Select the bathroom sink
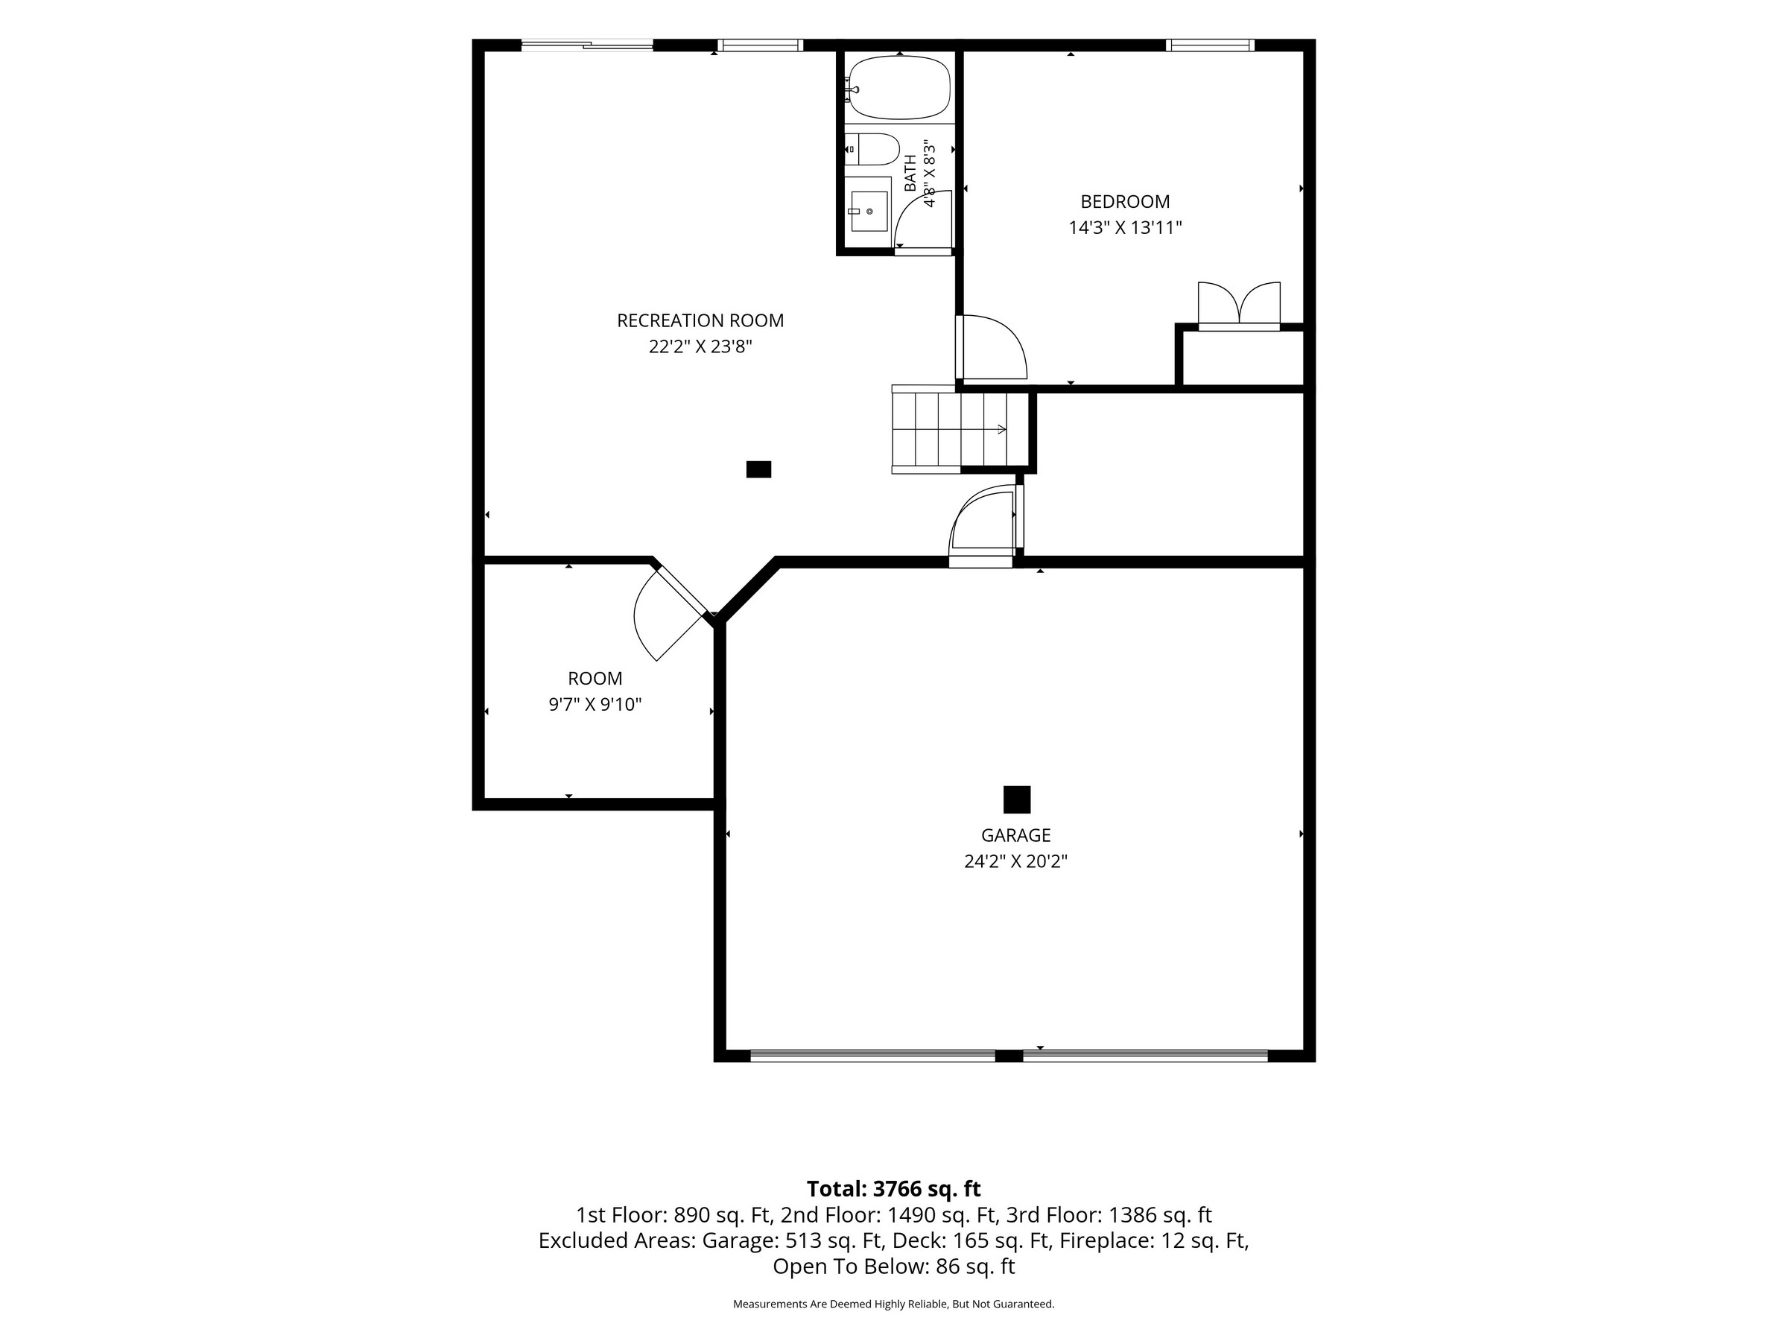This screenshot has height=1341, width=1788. (x=868, y=212)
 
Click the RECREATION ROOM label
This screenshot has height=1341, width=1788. (x=700, y=320)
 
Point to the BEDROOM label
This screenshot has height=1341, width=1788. (x=1125, y=201)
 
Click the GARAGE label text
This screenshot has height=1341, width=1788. (x=1016, y=835)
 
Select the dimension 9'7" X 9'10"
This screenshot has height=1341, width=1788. (x=595, y=704)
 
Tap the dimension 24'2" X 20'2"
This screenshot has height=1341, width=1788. (x=1016, y=862)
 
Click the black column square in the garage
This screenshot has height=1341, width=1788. (x=1017, y=799)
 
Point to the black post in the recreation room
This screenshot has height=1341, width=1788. (x=758, y=469)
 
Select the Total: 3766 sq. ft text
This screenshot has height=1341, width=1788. (x=893, y=1189)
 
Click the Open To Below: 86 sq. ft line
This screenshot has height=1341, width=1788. (x=893, y=1266)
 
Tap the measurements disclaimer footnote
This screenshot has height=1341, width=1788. (x=893, y=1304)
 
